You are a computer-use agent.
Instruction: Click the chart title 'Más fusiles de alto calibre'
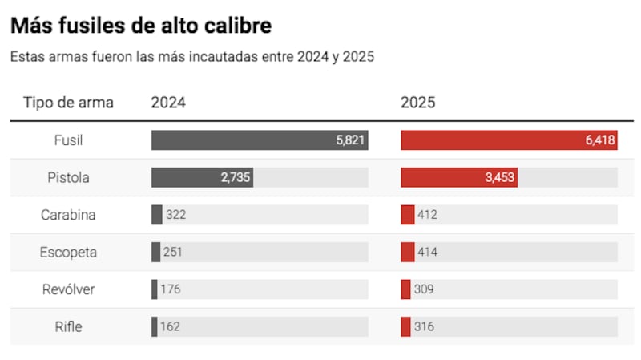[141, 26]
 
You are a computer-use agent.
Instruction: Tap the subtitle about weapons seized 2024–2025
[192, 57]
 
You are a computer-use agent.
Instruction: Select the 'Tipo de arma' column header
[68, 103]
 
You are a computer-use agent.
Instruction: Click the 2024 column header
[168, 103]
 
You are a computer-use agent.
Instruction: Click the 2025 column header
[418, 103]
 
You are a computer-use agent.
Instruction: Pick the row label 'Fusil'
[68, 140]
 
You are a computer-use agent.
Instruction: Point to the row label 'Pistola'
[68, 177]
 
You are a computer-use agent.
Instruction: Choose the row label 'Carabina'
[68, 215]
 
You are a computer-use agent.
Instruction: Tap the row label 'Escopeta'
[68, 252]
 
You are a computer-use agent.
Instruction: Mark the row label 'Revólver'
[68, 289]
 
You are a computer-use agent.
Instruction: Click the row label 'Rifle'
[68, 326]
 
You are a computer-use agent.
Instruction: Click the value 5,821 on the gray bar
[350, 140]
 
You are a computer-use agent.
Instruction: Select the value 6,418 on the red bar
[599, 140]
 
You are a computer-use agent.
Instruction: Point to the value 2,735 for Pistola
[236, 177]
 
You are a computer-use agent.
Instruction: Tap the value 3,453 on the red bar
[499, 177]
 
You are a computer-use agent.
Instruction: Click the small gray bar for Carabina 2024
[156, 215]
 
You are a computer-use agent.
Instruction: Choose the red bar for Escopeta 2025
[407, 252]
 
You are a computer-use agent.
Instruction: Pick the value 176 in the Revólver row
[171, 289]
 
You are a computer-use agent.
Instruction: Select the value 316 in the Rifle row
[425, 326]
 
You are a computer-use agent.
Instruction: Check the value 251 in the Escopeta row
[173, 252]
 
